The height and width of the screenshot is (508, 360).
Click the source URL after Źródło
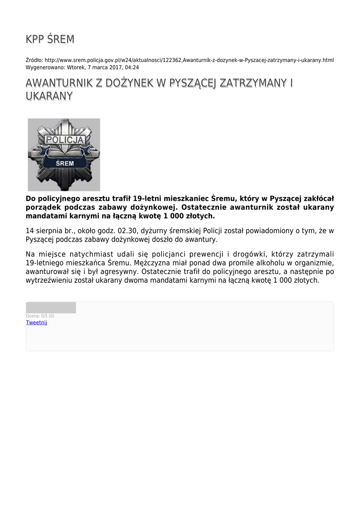(189, 60)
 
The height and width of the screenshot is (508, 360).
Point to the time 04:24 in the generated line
(132, 67)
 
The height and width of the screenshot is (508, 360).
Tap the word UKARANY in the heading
(49, 96)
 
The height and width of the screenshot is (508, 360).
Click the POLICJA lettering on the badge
(65, 140)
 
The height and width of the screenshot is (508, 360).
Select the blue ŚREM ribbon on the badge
(65, 163)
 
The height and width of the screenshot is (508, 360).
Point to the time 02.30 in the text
(127, 231)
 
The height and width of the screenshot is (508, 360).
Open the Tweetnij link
(36, 322)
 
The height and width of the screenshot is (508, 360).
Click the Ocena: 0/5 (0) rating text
(40, 316)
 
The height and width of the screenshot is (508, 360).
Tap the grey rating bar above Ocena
(51, 308)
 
